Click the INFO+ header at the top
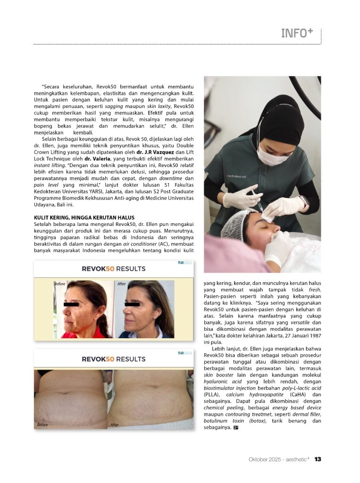pyautogui.click(x=297, y=33)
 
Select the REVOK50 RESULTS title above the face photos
pyautogui.click(x=114, y=269)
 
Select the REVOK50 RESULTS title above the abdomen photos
pyautogui.click(x=114, y=359)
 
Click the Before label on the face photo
pyautogui.click(x=60, y=284)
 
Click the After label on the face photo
pyautogui.click(x=122, y=284)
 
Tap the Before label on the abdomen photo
pyautogui.click(x=42, y=425)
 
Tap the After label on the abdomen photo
pyautogui.click(x=114, y=425)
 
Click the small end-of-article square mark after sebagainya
pyautogui.click(x=235, y=428)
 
